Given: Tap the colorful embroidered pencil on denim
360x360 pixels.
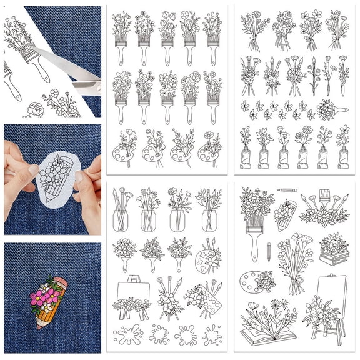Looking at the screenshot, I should click(x=49, y=299).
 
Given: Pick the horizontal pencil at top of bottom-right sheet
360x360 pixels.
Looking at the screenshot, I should click(x=287, y=190).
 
